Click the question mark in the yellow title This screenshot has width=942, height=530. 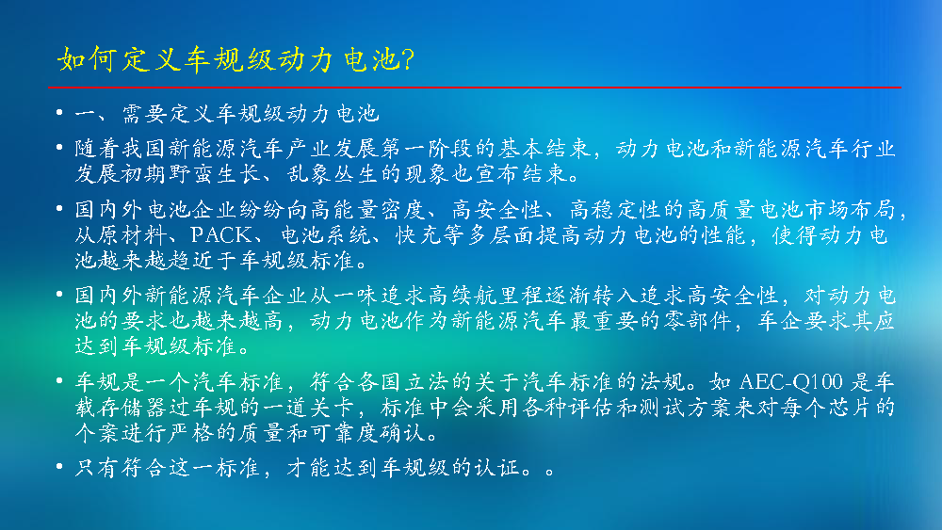407,59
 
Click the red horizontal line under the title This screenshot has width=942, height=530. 475,88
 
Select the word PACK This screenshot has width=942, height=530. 221,234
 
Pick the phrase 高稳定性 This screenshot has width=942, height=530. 616,210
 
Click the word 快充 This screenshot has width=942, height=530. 419,234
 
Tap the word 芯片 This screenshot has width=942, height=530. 839,408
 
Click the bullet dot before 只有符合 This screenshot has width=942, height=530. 58,466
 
